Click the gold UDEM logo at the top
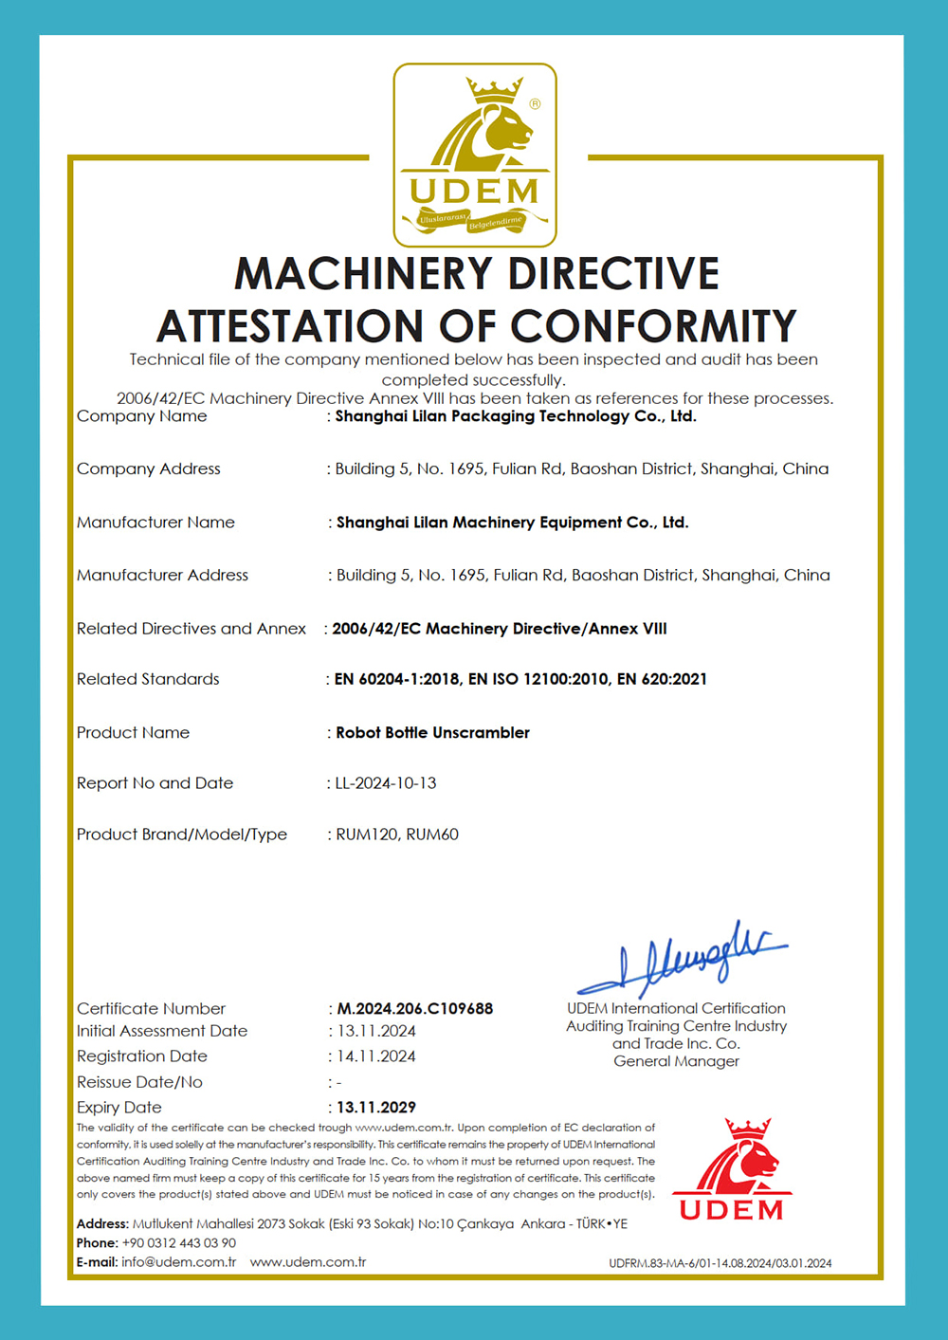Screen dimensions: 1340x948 point(475,155)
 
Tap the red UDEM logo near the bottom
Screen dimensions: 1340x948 point(733,1170)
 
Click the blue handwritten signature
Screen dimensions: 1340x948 point(683,959)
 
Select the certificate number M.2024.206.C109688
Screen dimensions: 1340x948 point(415,1008)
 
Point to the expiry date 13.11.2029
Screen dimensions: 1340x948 point(376,1107)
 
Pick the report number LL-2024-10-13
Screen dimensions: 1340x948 point(386,782)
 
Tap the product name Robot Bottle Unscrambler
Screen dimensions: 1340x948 point(432,732)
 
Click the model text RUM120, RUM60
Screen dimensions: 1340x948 point(397,835)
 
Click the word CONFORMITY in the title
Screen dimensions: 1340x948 point(653,327)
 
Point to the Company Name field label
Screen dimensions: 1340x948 point(141,415)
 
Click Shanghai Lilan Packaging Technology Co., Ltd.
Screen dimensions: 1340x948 point(516,415)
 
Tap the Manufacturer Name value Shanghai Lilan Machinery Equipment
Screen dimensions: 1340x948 point(512,522)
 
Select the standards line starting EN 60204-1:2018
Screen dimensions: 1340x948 point(520,679)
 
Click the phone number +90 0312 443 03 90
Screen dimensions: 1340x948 point(178,1242)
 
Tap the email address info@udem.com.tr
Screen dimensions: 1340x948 point(178,1262)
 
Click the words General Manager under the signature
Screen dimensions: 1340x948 point(676,1061)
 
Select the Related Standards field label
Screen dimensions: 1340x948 point(148,679)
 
